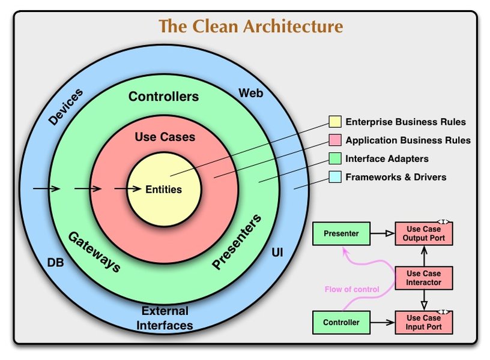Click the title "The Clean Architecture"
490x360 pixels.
[x=251, y=26]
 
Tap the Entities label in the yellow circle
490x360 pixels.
[x=163, y=189]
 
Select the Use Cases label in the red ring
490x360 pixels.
[x=165, y=137]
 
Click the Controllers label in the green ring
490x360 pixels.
[x=163, y=96]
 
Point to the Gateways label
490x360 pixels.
[x=92, y=251]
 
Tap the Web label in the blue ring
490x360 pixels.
[x=251, y=93]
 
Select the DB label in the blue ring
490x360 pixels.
[x=55, y=263]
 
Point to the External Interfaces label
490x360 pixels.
[x=165, y=318]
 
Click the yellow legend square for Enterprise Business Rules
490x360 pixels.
[x=335, y=122]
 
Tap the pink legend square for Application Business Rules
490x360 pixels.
[x=335, y=140]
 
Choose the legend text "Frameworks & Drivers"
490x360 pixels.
[x=396, y=177]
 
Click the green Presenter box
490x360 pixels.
[x=341, y=233]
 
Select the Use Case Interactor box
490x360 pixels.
[x=423, y=278]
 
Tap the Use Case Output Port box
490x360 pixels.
[x=423, y=233]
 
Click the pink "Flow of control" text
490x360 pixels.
[x=352, y=289]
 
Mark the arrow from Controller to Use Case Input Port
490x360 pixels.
[x=382, y=322]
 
